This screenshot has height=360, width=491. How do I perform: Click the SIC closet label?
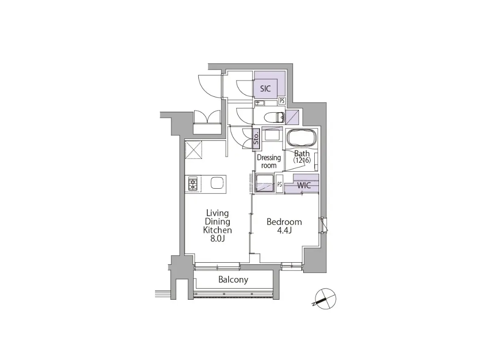pyautogui.click(x=265, y=88)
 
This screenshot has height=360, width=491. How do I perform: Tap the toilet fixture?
pyautogui.click(x=274, y=118)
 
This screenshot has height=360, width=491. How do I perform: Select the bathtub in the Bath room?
pyautogui.click(x=302, y=138)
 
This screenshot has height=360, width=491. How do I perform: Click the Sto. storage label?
pyautogui.click(x=256, y=138)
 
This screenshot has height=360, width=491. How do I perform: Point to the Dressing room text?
pyautogui.click(x=269, y=162)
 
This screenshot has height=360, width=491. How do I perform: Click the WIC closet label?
pyautogui.click(x=304, y=185)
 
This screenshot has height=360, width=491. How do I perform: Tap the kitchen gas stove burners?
pyautogui.click(x=192, y=184)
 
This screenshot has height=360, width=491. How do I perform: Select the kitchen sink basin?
pyautogui.click(x=217, y=183)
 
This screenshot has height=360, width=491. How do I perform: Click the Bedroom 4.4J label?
pyautogui.click(x=284, y=226)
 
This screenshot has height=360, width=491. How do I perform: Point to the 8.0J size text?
pyautogui.click(x=217, y=239)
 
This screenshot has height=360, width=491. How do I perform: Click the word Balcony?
pyautogui.click(x=233, y=280)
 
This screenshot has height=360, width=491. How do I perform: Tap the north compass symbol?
pyautogui.click(x=325, y=299)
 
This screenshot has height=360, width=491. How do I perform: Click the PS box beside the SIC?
pyautogui.click(x=282, y=101)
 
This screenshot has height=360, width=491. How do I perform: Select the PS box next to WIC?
pyautogui.click(x=279, y=184)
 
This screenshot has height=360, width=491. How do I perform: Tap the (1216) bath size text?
pyautogui.click(x=302, y=160)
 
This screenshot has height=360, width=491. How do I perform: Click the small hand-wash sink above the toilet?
pyautogui.click(x=260, y=103)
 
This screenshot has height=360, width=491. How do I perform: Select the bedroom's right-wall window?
pyautogui.click(x=323, y=225)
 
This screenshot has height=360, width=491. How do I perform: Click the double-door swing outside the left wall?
pyautogui.click(x=207, y=117)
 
